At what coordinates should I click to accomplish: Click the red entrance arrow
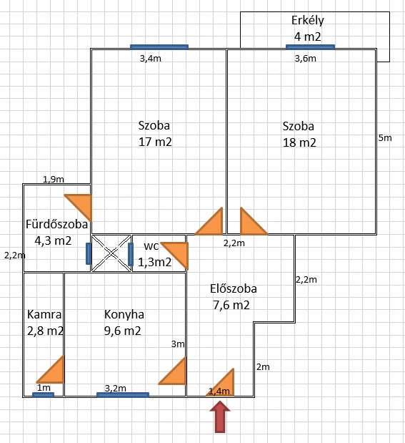220,417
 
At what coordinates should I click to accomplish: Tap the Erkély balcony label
307,21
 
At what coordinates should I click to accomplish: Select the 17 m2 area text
155,142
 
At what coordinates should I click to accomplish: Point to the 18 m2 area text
299,142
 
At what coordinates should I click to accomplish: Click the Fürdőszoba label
56,224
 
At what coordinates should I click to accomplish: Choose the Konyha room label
124,314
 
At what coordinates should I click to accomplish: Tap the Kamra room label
44,314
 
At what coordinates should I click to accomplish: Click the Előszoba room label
234,288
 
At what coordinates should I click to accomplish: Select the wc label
151,246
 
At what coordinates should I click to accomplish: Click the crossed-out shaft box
111,253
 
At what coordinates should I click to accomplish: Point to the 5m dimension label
385,138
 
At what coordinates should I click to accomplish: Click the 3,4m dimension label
151,59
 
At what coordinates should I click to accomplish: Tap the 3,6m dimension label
306,59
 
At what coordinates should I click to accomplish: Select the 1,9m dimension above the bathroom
54,179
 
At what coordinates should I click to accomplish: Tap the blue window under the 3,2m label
123,394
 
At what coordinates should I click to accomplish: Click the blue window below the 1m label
43,395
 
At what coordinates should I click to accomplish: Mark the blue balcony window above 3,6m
310,47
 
